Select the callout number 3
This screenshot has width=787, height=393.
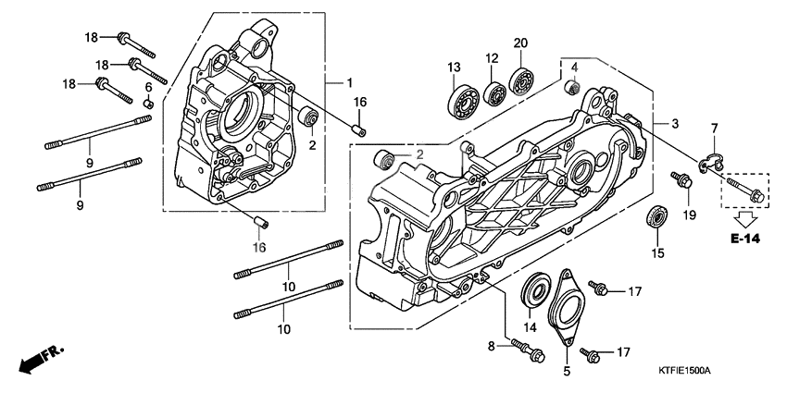675,123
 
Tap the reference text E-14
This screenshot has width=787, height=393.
743,239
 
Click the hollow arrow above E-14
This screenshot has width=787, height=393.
743,218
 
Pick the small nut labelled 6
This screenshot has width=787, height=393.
147,103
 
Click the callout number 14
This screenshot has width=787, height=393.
531,326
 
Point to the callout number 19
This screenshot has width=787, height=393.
689,215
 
